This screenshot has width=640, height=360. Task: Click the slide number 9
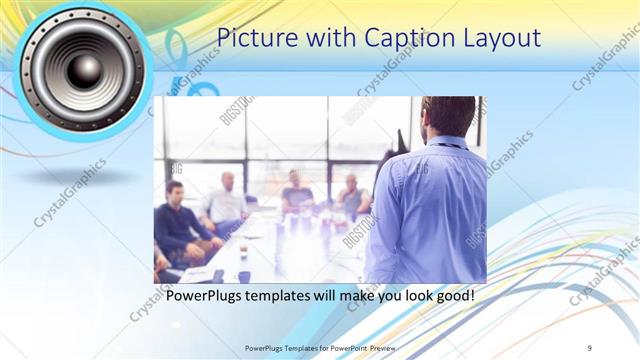[x=590, y=347]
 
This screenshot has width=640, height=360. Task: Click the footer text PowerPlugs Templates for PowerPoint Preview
[x=320, y=347]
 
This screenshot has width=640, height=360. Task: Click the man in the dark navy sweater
[x=178, y=221]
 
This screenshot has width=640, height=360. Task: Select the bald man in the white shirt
[x=227, y=201]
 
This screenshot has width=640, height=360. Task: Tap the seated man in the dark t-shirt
[x=297, y=192]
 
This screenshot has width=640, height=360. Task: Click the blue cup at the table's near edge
[x=243, y=276]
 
